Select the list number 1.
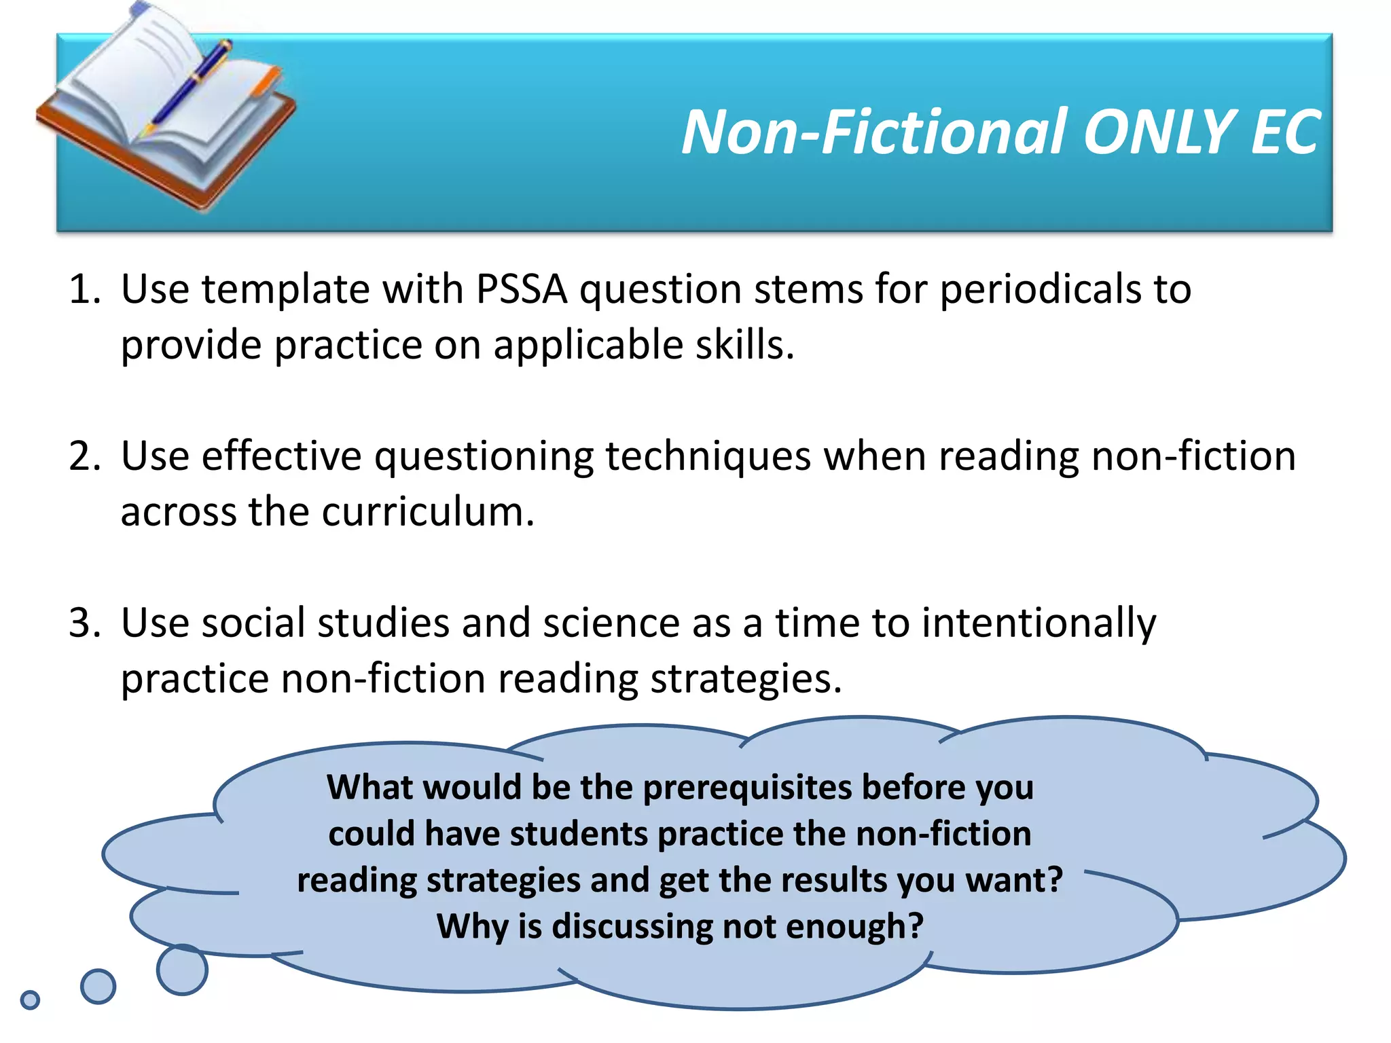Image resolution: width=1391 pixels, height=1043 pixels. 84,289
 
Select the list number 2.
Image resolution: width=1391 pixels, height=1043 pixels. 84,456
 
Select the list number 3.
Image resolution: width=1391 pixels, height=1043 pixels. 84,623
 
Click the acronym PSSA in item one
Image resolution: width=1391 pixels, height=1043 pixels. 522,289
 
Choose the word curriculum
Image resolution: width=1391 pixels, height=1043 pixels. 428,511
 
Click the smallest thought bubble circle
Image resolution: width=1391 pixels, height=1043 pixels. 30,1000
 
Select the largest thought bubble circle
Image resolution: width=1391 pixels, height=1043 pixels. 182,970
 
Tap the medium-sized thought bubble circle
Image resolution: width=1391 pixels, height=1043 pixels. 98,986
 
